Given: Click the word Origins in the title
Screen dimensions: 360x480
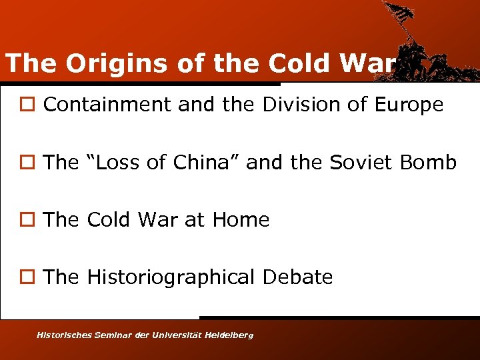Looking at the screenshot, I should pyautogui.click(x=97, y=63).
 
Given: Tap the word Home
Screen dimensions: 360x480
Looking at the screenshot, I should pyautogui.click(x=240, y=219).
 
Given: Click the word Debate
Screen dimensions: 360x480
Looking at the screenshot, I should pyautogui.click(x=297, y=277).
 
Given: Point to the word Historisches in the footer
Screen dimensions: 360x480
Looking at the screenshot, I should pyautogui.click(x=63, y=335).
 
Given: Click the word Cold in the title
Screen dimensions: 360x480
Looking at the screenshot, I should pyautogui.click(x=301, y=63).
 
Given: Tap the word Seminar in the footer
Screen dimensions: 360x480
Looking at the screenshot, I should pyautogui.click(x=115, y=335).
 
